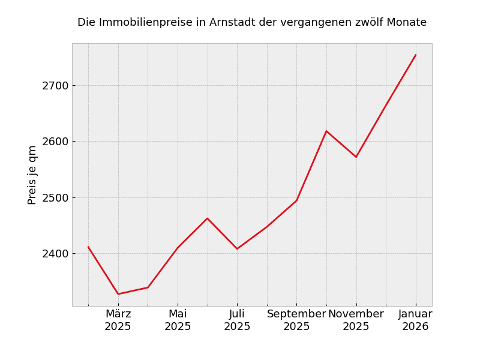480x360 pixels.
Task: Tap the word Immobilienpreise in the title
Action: [x=152, y=23]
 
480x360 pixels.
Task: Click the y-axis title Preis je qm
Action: [x=32, y=175]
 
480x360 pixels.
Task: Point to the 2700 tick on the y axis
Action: [x=55, y=86]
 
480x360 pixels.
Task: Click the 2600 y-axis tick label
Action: [x=55, y=142]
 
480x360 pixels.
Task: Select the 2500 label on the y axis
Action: [x=55, y=197]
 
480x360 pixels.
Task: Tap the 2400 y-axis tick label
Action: [x=55, y=254]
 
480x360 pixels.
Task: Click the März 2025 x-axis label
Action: [x=118, y=320]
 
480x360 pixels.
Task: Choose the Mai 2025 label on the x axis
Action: [x=178, y=320]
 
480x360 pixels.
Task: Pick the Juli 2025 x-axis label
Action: [x=237, y=320]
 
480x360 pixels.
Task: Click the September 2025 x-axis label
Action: [x=296, y=320]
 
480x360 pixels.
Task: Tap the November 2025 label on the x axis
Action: [x=356, y=320]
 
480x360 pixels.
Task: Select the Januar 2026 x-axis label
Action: [x=415, y=320]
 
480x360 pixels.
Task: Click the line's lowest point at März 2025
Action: [x=118, y=294]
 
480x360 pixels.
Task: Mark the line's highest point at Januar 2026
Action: [x=416, y=55]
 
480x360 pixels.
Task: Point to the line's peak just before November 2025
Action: [x=326, y=131]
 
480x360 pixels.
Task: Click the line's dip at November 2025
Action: [x=356, y=157]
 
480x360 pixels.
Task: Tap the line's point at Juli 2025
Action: [x=237, y=249]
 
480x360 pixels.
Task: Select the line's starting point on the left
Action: [x=88, y=247]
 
